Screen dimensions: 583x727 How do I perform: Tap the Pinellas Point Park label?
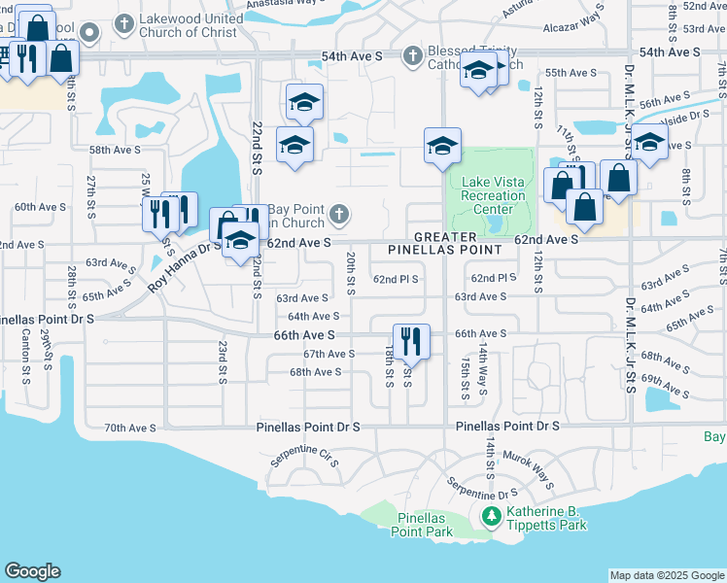point(421,525)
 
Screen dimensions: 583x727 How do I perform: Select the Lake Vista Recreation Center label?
point(493,195)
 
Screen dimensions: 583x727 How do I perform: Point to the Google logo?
point(32,571)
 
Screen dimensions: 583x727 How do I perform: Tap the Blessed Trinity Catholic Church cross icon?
point(412,55)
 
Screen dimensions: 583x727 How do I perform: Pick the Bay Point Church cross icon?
point(338,214)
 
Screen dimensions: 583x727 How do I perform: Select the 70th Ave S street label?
point(129,428)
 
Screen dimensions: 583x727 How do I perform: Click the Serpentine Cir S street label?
point(304,457)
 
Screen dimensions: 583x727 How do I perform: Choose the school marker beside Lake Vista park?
point(442,148)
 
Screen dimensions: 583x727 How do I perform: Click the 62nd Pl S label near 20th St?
point(396,279)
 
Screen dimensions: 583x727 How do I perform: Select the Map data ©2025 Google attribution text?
point(666,575)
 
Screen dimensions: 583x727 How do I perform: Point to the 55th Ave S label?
point(571,73)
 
